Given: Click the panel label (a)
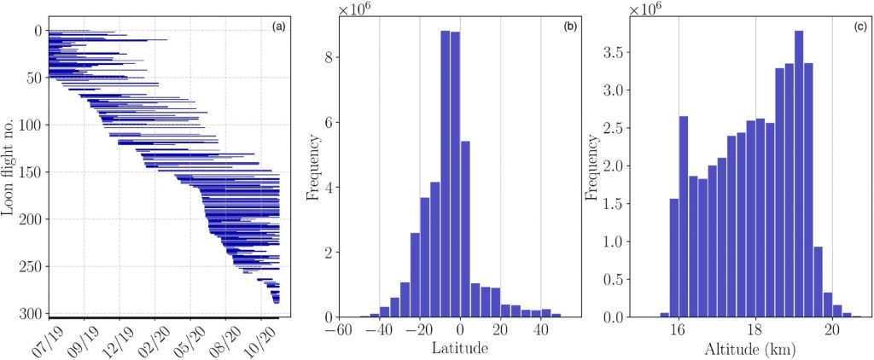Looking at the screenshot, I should pyautogui.click(x=278, y=27).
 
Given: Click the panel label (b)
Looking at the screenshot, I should pyautogui.click(x=569, y=27).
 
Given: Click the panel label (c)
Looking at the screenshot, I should pyautogui.click(x=859, y=27).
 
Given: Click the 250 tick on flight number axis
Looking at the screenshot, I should pyautogui.click(x=29, y=267).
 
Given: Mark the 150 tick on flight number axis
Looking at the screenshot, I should pyautogui.click(x=29, y=172).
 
